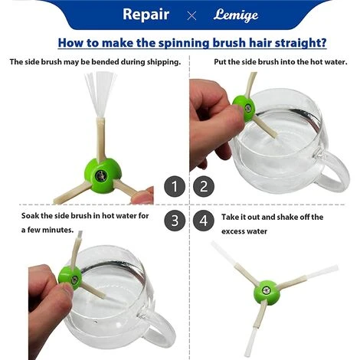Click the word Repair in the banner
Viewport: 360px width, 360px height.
146,15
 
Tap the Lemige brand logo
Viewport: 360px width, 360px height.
236,15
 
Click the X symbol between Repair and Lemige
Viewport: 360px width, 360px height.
191,16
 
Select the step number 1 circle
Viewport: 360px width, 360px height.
175,186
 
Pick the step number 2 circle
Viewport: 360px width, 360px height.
204,186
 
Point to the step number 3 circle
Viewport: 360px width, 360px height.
175,221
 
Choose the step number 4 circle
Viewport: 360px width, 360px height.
204,221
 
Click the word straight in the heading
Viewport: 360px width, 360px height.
300,43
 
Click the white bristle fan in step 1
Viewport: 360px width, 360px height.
100,94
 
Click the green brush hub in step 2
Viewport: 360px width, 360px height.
244,107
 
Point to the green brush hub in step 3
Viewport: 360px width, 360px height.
70,277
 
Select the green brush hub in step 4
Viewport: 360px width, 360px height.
267,292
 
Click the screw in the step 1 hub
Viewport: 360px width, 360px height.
100,175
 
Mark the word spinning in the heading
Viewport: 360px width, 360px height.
184,43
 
